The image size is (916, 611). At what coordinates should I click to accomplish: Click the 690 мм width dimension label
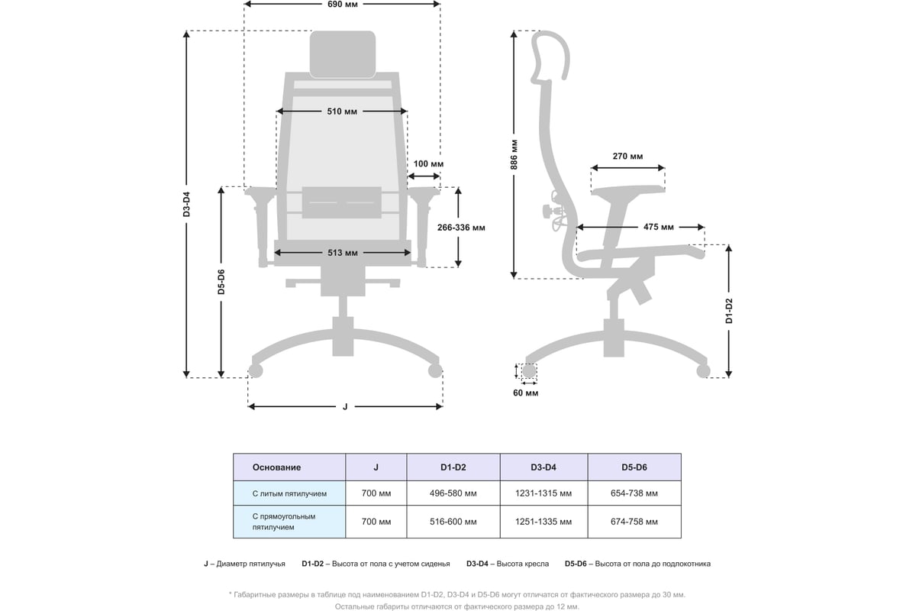pos(342,5)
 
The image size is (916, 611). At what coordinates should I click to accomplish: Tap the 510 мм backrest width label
pos(342,112)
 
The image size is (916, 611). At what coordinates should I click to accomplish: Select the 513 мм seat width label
pos(342,253)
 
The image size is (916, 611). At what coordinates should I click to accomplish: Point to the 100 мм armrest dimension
pos(428,163)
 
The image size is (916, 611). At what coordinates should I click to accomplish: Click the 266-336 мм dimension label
pos(461,228)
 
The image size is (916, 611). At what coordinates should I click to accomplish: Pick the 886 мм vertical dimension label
pos(514,155)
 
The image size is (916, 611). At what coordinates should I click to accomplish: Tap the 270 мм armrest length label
pos(627,156)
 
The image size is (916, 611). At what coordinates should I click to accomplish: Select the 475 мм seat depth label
pos(658,227)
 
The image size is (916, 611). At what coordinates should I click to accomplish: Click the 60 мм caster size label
pos(525,393)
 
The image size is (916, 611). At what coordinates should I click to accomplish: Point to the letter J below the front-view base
pos(345,406)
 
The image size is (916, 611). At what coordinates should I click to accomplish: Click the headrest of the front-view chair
pos(342,54)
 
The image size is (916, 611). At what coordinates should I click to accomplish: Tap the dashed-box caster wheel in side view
pos(529,371)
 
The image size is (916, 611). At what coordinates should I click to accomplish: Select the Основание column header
pos(276,467)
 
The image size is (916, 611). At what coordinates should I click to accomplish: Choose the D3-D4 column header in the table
pos(543,467)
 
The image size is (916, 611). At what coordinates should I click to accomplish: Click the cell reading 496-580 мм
pos(453,493)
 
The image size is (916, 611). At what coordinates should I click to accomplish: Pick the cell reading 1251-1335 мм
pos(543,522)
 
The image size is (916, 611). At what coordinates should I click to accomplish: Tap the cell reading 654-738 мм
pos(634,493)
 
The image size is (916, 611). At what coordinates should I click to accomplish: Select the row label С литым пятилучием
pos(289,493)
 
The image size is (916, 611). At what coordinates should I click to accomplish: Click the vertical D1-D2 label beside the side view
pos(729,311)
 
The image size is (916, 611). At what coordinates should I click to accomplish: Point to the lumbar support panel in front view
pos(342,202)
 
